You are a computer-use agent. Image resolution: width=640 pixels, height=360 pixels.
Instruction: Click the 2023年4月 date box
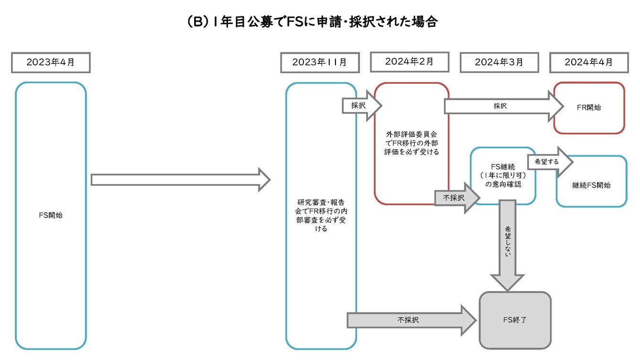(x=51, y=63)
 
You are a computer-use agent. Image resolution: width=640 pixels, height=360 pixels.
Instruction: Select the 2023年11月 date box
(x=319, y=63)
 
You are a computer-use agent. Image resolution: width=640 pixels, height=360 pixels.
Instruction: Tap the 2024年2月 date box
(x=409, y=62)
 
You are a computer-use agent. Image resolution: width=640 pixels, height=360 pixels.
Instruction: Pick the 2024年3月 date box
(x=499, y=63)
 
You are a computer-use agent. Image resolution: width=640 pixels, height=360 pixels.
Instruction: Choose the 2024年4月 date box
(x=588, y=63)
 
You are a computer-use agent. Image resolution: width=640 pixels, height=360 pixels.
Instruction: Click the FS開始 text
(x=51, y=215)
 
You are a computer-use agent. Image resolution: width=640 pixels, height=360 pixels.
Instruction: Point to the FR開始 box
(x=589, y=108)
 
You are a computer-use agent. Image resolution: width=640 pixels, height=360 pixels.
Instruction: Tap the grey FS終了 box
(x=515, y=320)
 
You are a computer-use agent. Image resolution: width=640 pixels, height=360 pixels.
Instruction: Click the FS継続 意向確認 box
(x=502, y=175)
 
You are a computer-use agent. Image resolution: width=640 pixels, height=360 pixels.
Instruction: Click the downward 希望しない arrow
(x=507, y=244)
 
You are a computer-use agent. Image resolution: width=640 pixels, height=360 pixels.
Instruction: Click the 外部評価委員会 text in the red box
(x=412, y=143)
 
